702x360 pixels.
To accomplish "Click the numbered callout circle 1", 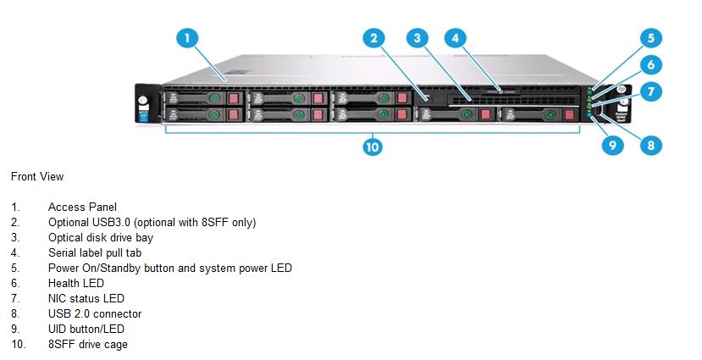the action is pos(186,38).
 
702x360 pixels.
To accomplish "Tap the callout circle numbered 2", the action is pos(373,38).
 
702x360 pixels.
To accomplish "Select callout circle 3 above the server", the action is pos(417,38).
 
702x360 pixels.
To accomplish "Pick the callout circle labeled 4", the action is pos(456,38).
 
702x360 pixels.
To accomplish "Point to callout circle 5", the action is pos(651,38).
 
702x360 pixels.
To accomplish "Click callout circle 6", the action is pos(651,65).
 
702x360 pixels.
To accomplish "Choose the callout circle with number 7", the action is pos(651,91).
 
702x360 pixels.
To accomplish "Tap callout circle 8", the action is pos(651,145).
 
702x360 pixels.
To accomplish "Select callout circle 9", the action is pos(612,145).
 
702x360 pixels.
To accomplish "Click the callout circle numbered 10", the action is pos(373,147).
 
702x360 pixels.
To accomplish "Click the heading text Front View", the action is pos(37,177).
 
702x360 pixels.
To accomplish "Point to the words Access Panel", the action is pos(82,208).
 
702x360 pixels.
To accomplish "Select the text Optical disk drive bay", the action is pos(101,238).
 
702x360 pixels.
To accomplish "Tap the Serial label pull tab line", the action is pos(95,253).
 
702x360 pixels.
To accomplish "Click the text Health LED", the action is pos(76,284).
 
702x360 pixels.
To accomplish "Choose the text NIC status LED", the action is pos(86,299).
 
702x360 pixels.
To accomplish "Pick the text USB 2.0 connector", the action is pos(95,314).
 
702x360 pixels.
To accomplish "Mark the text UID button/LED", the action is pos(86,330).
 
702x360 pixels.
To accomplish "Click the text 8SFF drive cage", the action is pos(88,344).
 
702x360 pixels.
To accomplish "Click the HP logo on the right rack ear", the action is pos(621,90).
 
